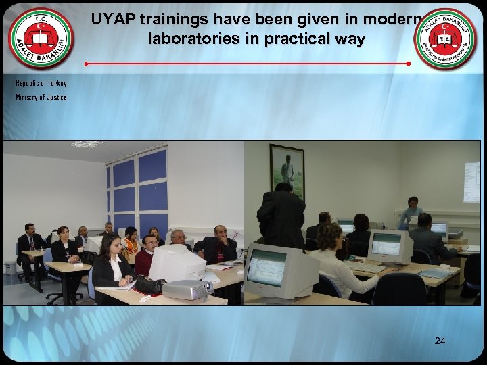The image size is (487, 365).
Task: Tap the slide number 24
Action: tap(440, 341)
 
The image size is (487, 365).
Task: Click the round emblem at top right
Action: tap(444, 39)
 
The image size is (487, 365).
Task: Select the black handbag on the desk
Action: tap(149, 285)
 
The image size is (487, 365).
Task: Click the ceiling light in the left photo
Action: tap(87, 144)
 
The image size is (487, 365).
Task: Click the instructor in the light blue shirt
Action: tap(411, 213)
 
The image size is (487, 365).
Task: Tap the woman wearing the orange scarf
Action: tap(131, 245)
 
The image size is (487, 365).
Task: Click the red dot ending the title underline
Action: tap(409, 64)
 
